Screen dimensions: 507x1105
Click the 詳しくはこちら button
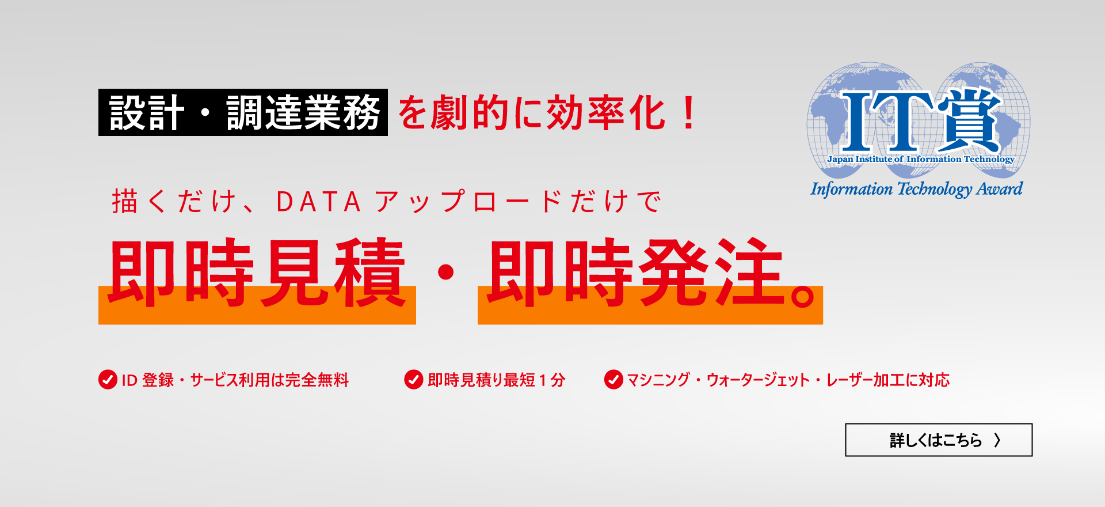click(938, 440)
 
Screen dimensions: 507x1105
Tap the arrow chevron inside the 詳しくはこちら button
click(997, 440)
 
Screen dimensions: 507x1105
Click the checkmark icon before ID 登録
click(108, 380)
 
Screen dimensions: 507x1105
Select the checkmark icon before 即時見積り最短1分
click(414, 380)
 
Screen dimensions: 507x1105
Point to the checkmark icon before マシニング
click(614, 380)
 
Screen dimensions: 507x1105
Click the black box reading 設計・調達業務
click(243, 112)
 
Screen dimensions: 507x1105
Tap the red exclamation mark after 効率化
click(688, 113)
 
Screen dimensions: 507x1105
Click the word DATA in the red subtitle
click(318, 202)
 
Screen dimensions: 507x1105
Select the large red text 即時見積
click(257, 273)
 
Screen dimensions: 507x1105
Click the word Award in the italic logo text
click(1000, 189)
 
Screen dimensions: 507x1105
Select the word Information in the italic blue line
click(851, 189)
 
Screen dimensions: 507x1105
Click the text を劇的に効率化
click(531, 113)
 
